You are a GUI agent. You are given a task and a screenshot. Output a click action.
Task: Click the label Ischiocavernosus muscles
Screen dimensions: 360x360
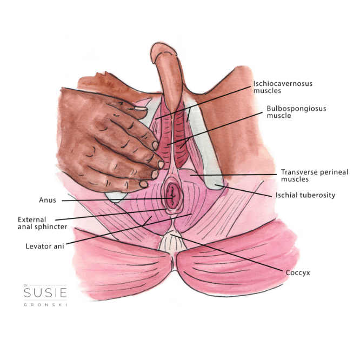[x=283, y=87]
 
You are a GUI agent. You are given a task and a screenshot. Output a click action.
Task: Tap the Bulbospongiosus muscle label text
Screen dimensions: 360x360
[x=296, y=112]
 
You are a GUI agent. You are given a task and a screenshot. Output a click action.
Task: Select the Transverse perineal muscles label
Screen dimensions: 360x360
[x=315, y=176]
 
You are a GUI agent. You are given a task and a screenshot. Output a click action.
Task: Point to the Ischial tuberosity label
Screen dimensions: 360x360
[x=305, y=195]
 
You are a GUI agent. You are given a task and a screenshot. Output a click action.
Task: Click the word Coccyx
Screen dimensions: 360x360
[x=298, y=273]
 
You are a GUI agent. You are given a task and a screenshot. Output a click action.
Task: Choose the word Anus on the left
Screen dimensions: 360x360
[x=48, y=200]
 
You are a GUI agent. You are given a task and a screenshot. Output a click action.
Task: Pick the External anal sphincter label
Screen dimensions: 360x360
[x=43, y=223]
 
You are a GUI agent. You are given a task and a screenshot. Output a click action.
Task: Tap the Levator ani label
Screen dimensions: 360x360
[x=45, y=246]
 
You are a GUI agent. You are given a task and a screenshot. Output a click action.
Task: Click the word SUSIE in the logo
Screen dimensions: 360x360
[x=45, y=292]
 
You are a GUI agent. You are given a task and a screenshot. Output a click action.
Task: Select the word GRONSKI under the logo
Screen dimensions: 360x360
[x=45, y=305]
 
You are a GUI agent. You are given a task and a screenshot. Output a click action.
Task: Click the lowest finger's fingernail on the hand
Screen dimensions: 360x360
[x=143, y=184]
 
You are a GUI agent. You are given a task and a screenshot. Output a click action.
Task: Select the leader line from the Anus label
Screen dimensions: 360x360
[x=117, y=199]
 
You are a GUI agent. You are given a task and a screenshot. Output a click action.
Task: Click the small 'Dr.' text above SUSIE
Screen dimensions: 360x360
[x=25, y=285]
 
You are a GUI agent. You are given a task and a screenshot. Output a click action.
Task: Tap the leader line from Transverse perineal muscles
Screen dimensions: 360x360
[x=234, y=175]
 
